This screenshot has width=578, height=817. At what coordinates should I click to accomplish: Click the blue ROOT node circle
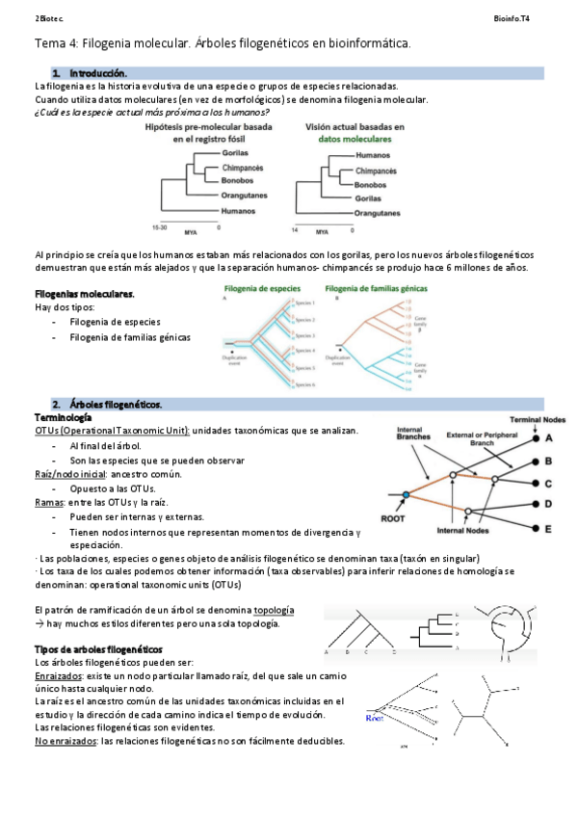pyautogui.click(x=407, y=494)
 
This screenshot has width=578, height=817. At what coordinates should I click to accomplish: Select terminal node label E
pyautogui.click(x=548, y=529)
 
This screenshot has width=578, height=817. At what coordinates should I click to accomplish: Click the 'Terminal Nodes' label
pyautogui.click(x=538, y=420)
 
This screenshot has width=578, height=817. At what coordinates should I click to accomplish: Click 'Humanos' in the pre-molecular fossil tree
pyautogui.click(x=238, y=210)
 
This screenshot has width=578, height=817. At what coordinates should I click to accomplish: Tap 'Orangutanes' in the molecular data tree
pyautogui.click(x=378, y=212)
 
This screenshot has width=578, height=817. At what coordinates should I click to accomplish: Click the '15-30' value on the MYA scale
pyautogui.click(x=161, y=227)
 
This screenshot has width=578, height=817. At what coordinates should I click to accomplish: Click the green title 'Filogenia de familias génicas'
pyautogui.click(x=378, y=288)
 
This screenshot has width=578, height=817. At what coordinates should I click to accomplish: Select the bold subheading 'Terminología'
pyautogui.click(x=63, y=417)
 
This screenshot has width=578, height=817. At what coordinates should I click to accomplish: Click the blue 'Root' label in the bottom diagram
pyautogui.click(x=377, y=718)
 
